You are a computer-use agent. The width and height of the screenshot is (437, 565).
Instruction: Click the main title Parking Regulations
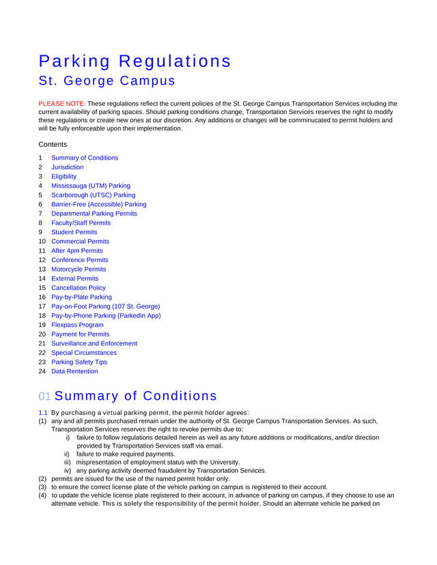point(135,61)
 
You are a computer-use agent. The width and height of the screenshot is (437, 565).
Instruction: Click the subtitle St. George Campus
point(107,81)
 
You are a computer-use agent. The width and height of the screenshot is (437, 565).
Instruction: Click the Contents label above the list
point(53,145)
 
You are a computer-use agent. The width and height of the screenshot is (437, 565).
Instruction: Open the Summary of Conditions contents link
point(85,158)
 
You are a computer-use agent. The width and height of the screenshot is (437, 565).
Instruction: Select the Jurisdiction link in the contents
point(68,167)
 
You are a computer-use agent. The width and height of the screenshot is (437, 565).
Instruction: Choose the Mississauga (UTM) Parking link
point(91,186)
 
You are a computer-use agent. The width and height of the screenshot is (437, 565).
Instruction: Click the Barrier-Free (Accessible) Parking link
point(99,204)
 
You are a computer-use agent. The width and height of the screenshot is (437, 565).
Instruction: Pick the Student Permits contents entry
point(74,232)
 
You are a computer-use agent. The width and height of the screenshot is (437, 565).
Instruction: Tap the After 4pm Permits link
point(77,250)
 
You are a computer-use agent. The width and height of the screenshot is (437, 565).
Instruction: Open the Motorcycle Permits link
point(79,270)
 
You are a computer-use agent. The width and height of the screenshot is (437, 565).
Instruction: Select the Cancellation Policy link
point(79,288)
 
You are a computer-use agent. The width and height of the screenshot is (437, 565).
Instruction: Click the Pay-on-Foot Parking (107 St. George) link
point(106,306)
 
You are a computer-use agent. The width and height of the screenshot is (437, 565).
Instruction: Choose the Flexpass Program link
point(78,325)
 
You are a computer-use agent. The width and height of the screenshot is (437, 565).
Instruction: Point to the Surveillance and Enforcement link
point(94,343)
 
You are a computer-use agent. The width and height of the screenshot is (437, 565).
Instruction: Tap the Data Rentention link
point(74,371)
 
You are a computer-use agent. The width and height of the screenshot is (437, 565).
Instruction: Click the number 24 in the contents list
point(42,371)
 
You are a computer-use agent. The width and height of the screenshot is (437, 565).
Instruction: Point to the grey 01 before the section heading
point(44,396)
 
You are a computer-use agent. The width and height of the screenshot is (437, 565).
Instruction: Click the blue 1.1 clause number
point(42,412)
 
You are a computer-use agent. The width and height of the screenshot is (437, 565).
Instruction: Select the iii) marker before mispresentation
point(68,462)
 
